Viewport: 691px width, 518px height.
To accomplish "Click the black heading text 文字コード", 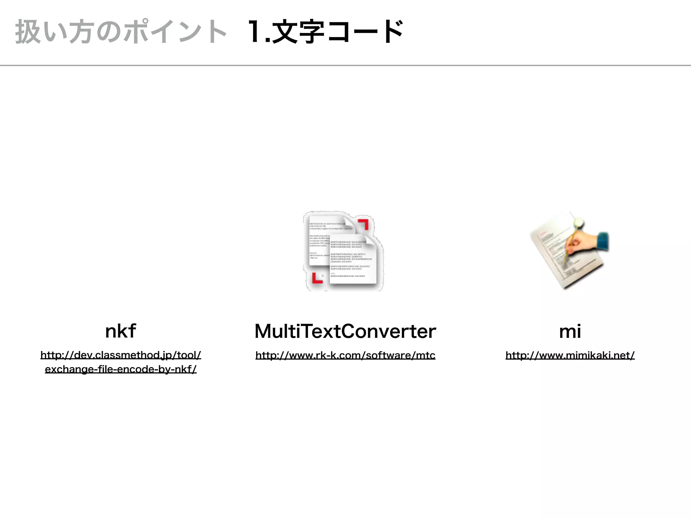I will [x=337, y=32].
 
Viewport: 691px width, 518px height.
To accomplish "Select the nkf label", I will [x=120, y=331].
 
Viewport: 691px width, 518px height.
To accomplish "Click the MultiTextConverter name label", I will [x=345, y=331].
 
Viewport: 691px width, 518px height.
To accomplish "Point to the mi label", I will [x=570, y=331].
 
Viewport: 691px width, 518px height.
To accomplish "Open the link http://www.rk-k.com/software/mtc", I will [x=345, y=355].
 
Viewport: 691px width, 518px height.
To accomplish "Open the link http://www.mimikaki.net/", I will [x=570, y=355].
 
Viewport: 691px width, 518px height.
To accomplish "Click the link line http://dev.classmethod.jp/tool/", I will [x=120, y=355].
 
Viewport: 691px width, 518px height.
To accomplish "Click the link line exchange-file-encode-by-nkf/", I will [x=120, y=369].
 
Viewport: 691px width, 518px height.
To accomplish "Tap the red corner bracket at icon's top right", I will [x=364, y=224].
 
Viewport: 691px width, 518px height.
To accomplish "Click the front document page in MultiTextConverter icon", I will [x=353, y=260].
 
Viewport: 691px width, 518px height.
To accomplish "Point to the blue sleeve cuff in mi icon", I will [x=602, y=240].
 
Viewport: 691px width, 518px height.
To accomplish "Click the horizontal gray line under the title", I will [x=345, y=65].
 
